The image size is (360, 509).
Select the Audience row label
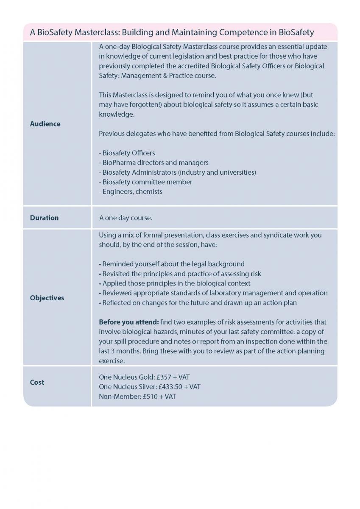tap(45, 124)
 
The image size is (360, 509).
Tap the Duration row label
tap(44, 218)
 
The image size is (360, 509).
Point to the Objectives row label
tap(47, 298)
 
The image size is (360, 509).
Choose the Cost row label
tap(37, 382)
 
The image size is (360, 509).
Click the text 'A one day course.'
tap(126, 218)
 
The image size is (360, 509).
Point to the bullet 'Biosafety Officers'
tap(127, 153)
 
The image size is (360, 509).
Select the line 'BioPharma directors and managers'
tap(154, 162)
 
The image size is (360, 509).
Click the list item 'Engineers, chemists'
tap(131, 191)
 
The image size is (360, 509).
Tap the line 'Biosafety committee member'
tap(146, 182)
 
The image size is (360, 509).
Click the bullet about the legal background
tap(172, 264)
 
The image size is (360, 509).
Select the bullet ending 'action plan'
tap(199, 303)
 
